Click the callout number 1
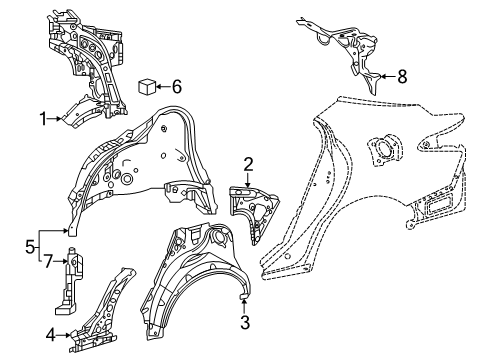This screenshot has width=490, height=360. pyautogui.click(x=43, y=119)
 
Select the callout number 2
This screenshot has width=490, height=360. pyautogui.click(x=248, y=164)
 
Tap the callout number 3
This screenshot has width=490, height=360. pyautogui.click(x=245, y=322)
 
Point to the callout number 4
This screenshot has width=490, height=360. pyautogui.click(x=51, y=335)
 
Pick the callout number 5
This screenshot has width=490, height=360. pyautogui.click(x=30, y=247)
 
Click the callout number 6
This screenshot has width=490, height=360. pyautogui.click(x=177, y=87)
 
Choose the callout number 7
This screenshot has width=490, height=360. pyautogui.click(x=49, y=261)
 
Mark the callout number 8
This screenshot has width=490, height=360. pyautogui.click(x=402, y=77)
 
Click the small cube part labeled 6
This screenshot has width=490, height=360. pyautogui.click(x=147, y=87)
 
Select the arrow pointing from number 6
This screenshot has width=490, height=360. pyautogui.click(x=163, y=87)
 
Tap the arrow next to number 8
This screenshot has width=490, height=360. pyautogui.click(x=388, y=77)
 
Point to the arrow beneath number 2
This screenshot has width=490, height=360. pyautogui.click(x=248, y=180)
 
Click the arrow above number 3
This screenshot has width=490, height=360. pyautogui.click(x=244, y=306)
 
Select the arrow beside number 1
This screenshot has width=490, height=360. pyautogui.click(x=55, y=118)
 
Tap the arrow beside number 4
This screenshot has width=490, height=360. pyautogui.click(x=64, y=335)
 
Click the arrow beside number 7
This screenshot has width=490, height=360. pyautogui.click(x=61, y=262)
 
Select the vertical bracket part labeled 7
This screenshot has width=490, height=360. pyautogui.click(x=69, y=281)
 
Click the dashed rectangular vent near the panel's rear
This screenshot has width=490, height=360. pyautogui.click(x=437, y=204)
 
